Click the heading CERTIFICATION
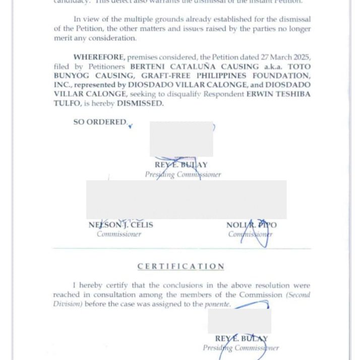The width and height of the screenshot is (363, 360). [181, 266]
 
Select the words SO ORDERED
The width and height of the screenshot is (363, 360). [100, 122]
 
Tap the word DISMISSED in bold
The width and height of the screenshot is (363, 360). [140, 103]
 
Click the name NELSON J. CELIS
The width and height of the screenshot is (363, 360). [120, 225]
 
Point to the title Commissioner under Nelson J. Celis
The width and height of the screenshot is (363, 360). [119, 234]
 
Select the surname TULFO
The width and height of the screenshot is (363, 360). [67, 103]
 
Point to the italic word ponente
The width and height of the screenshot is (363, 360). [217, 304]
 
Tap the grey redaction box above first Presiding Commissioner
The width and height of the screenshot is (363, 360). [181, 139]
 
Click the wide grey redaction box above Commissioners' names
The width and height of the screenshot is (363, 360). [186, 199]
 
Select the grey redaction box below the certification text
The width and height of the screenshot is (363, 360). [239, 321]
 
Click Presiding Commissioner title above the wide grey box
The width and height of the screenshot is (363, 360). [183, 175]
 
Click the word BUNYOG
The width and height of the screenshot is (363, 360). [72, 76]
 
